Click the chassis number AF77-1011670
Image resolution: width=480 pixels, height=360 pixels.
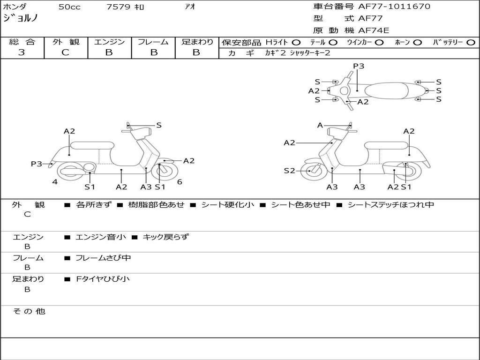click(x=394, y=7)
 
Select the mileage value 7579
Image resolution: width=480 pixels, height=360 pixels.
click(x=118, y=7)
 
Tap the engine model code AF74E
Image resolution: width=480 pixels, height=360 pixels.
click(x=374, y=30)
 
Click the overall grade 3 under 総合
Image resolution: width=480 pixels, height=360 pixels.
click(x=22, y=52)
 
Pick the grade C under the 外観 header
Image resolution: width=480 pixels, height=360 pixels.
click(x=65, y=52)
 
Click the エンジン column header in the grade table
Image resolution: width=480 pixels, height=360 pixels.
click(x=109, y=42)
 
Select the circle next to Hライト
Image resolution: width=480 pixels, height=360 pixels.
click(x=296, y=43)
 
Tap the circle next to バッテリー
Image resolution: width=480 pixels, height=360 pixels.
click(x=471, y=43)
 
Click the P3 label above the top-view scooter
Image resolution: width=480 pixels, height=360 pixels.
click(x=359, y=66)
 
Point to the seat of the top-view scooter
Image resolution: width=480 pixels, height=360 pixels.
click(x=386, y=90)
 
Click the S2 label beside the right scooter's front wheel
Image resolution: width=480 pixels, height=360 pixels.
click(x=289, y=171)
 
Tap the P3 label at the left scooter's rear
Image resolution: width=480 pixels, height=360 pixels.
click(x=37, y=164)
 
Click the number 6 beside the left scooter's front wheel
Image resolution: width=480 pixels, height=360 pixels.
click(x=180, y=182)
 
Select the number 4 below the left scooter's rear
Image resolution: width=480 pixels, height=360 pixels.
click(x=55, y=182)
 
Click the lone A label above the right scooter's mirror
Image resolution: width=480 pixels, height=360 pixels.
click(x=320, y=125)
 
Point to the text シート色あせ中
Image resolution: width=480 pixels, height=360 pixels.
click(x=300, y=204)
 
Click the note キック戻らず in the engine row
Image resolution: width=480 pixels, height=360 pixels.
click(x=165, y=237)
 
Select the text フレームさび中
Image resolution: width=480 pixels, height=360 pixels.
click(x=103, y=258)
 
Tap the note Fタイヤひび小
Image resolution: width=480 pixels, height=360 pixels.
click(x=103, y=279)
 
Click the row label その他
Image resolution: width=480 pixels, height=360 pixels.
click(x=29, y=311)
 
